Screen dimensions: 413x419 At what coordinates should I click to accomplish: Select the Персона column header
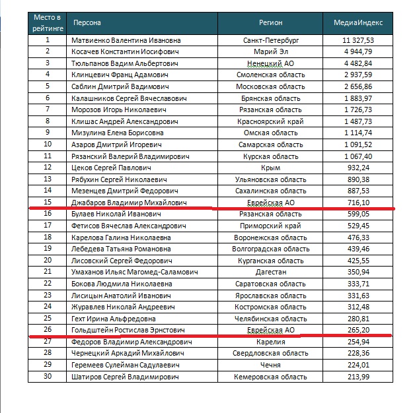(87, 23)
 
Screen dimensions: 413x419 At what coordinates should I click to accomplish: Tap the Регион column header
(271, 23)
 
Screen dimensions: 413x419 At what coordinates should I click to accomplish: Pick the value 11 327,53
(365, 40)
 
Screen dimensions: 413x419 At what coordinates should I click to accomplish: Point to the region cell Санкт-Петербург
(271, 40)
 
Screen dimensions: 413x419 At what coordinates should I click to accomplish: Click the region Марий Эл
(271, 51)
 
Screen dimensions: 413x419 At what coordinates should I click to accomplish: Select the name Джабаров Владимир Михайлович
(129, 203)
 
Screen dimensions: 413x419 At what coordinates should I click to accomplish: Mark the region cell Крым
(271, 168)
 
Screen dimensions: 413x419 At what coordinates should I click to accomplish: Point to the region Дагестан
(271, 272)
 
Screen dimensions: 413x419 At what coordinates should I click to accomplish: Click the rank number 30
(48, 376)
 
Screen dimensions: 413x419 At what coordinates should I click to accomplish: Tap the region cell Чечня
(271, 365)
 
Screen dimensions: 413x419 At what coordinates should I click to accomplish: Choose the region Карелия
(271, 342)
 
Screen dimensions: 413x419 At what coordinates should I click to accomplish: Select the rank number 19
(48, 249)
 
